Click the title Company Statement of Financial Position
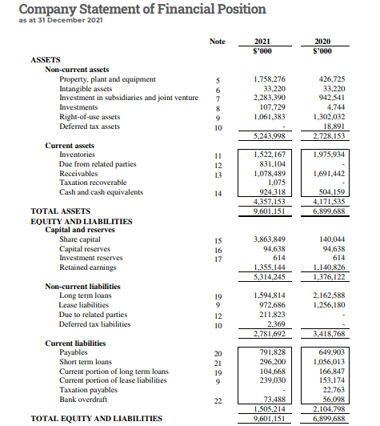coord(142,9)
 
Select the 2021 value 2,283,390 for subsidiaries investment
coord(268,98)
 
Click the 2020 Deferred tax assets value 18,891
coord(330,126)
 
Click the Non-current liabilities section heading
coord(82,287)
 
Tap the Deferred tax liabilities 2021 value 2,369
coord(272,324)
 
